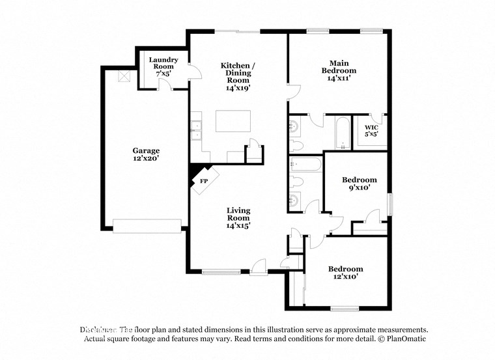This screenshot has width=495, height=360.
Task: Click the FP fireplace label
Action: tap(203, 180)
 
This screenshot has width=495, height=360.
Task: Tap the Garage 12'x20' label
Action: tap(147, 154)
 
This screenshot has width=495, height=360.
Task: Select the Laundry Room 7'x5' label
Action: tap(163, 67)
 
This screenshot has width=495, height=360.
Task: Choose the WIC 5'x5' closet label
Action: tap(371, 130)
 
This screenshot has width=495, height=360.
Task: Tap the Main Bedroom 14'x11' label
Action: tap(339, 70)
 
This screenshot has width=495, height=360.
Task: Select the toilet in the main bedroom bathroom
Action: tap(296, 144)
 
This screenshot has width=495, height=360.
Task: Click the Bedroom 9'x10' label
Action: tap(360, 183)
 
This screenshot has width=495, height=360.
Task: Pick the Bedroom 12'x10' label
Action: tap(345, 272)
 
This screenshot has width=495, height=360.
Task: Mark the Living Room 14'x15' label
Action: tap(238, 217)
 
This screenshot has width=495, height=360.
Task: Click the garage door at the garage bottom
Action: tap(147, 225)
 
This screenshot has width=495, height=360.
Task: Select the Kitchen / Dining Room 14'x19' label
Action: tap(238, 76)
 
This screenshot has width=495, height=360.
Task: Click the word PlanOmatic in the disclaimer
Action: tap(405, 339)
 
